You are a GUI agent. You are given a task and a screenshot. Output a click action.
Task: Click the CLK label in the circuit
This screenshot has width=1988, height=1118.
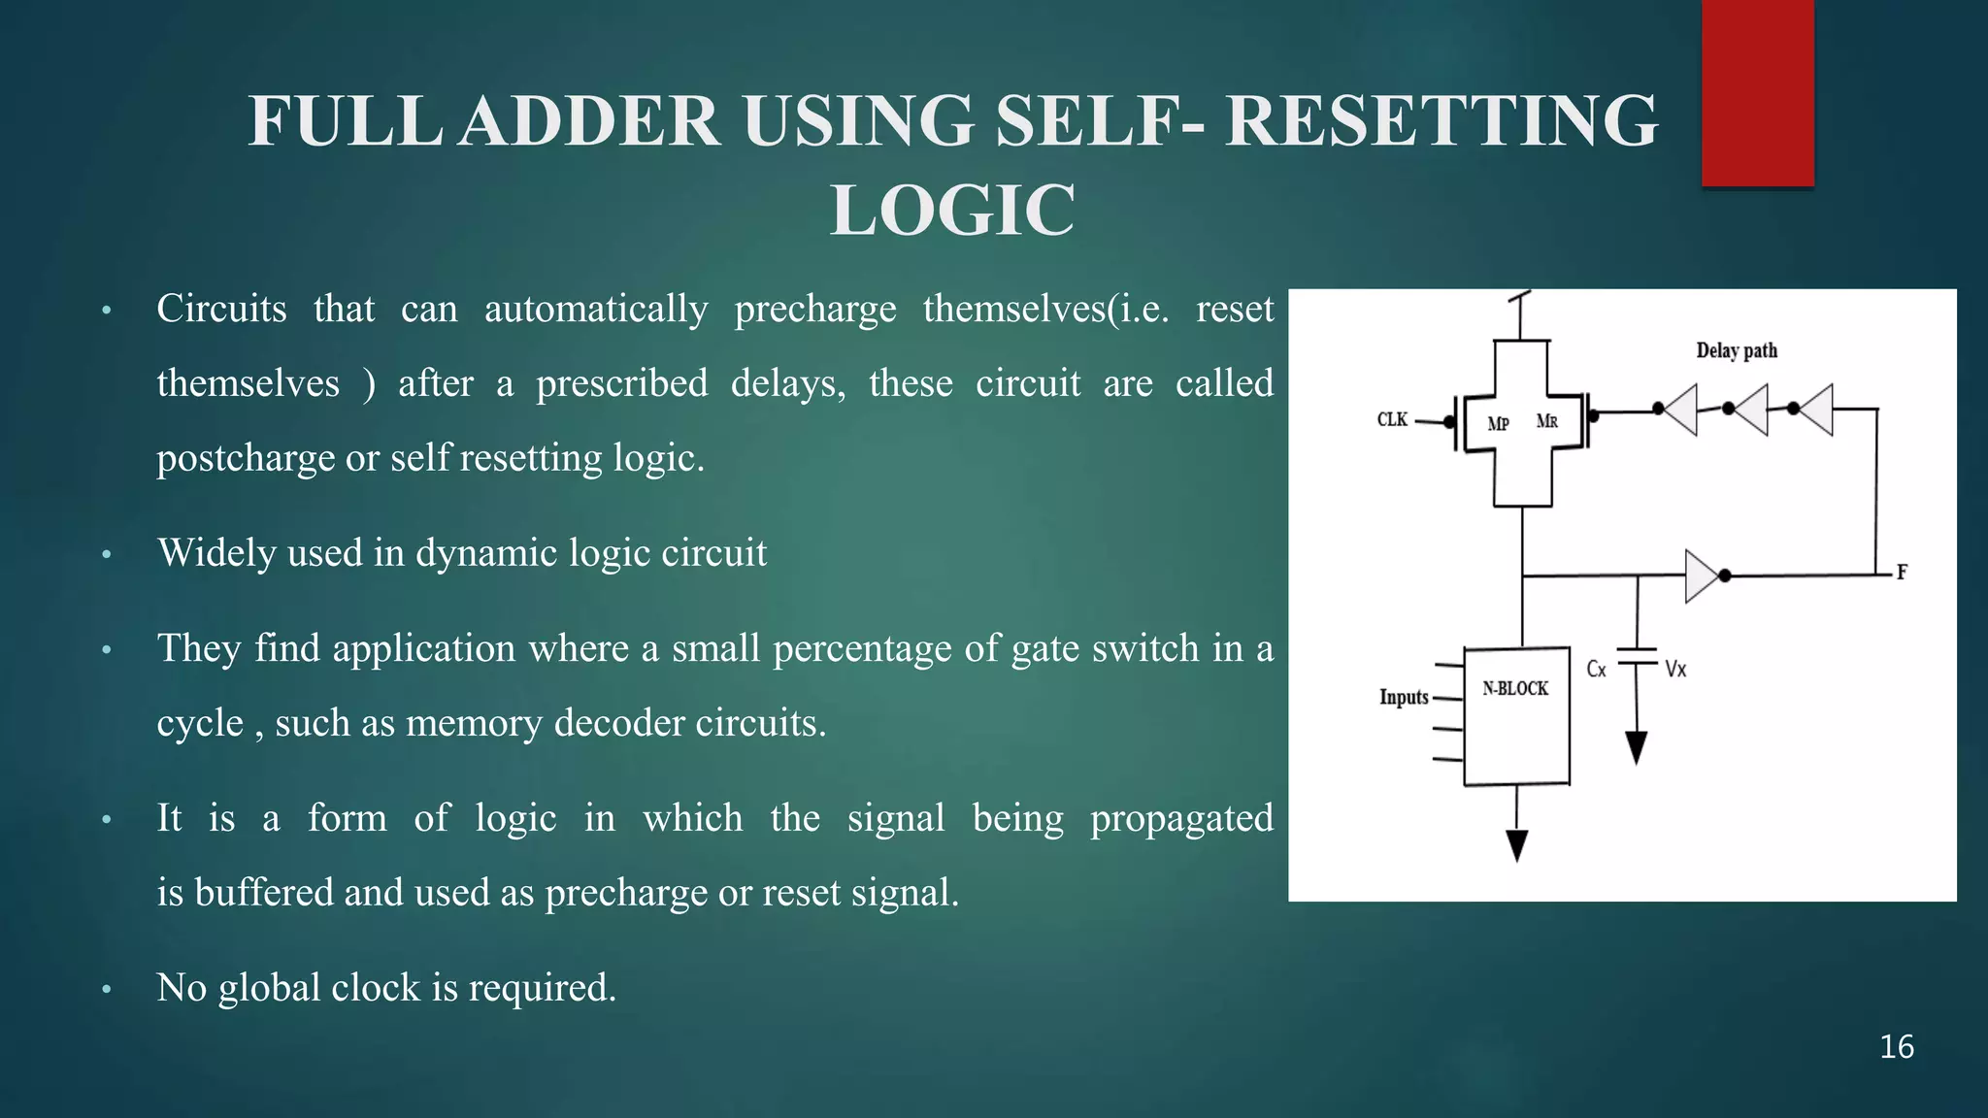pyautogui.click(x=1392, y=420)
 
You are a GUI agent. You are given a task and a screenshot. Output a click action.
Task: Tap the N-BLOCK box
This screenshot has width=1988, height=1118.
pyautogui.click(x=1516, y=716)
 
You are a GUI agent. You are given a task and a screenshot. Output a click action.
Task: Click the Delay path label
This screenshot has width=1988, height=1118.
pyautogui.click(x=1737, y=351)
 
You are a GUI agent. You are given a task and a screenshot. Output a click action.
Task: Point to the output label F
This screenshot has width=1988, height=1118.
pyautogui.click(x=1902, y=573)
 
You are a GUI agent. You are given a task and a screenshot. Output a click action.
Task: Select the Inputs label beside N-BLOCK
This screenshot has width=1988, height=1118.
pyautogui.click(x=1404, y=698)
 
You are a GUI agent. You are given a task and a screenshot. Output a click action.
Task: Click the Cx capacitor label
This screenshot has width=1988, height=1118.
pyautogui.click(x=1596, y=670)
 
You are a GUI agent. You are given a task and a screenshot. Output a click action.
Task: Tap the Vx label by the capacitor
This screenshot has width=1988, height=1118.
pyautogui.click(x=1675, y=670)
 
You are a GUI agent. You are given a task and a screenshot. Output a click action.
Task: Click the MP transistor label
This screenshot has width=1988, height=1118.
pyautogui.click(x=1498, y=424)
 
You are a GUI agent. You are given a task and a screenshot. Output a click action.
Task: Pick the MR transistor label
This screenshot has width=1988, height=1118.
pyautogui.click(x=1547, y=421)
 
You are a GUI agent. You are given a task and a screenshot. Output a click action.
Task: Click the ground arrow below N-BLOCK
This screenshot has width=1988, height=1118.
pyautogui.click(x=1516, y=844)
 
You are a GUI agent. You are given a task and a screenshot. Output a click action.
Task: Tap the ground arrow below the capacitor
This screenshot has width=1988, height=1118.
pyautogui.click(x=1637, y=748)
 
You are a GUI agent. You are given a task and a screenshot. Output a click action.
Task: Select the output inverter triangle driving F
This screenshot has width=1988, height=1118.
pyautogui.click(x=1702, y=576)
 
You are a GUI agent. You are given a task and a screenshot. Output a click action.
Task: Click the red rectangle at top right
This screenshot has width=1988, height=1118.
pyautogui.click(x=1757, y=92)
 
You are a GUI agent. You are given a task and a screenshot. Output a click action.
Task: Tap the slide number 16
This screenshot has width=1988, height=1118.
pyautogui.click(x=1896, y=1047)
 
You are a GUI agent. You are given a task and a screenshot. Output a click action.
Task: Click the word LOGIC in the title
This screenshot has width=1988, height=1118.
pyautogui.click(x=952, y=211)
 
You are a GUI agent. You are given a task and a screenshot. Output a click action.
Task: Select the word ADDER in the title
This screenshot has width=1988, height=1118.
pyautogui.click(x=589, y=121)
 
